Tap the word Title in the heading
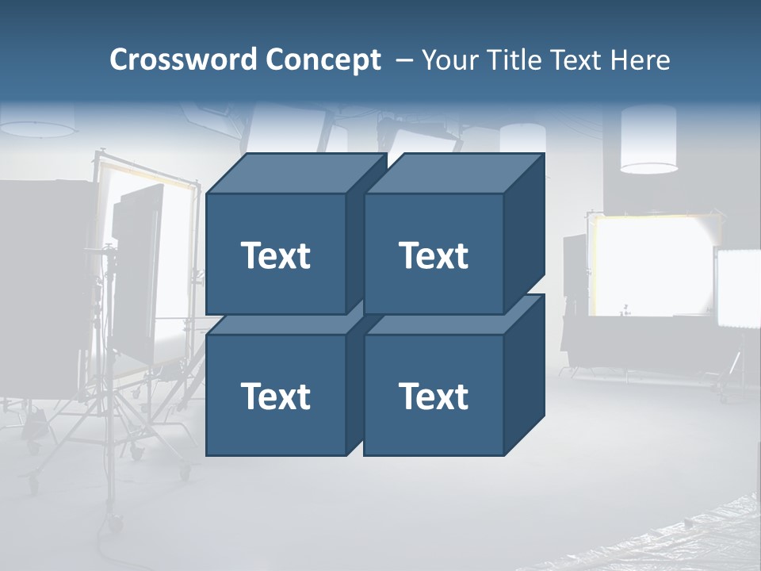[x=513, y=60]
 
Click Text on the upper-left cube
[x=275, y=255]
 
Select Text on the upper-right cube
[x=433, y=255]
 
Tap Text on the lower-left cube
[x=275, y=396]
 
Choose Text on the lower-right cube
[x=433, y=396]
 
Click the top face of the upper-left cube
[x=295, y=174]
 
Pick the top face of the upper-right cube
[x=453, y=174]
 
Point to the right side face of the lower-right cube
[x=524, y=376]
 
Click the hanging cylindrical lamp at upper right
[x=648, y=139]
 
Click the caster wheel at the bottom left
[x=116, y=523]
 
